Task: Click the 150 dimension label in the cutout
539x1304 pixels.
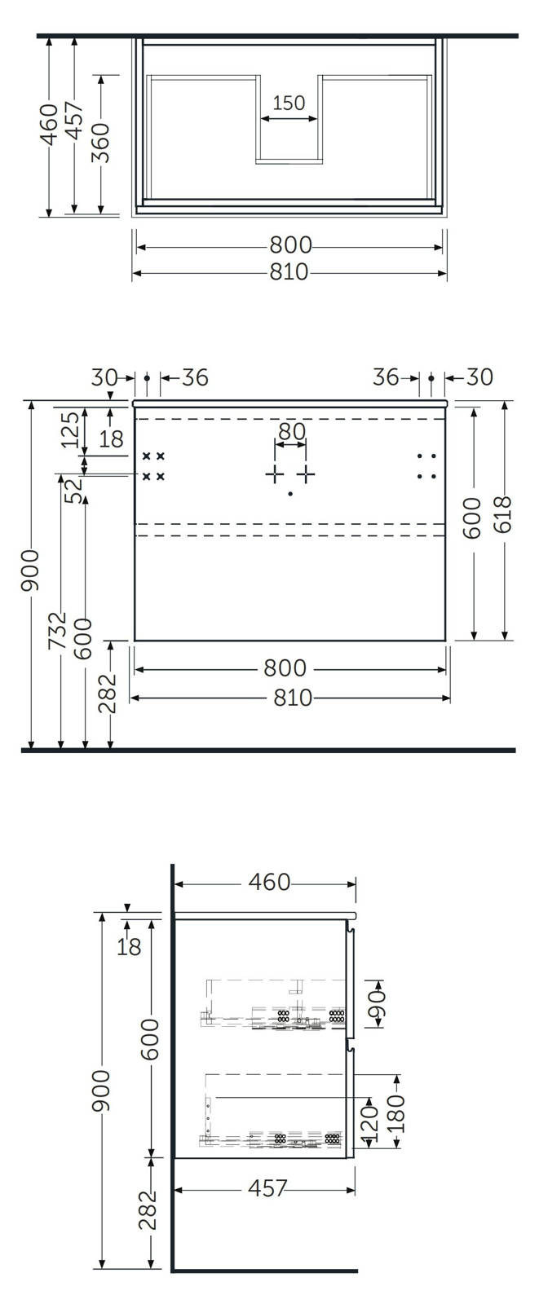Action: click(x=289, y=103)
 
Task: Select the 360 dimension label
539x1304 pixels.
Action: click(x=100, y=143)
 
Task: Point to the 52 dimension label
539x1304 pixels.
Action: click(x=74, y=491)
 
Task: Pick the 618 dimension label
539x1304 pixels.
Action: click(x=501, y=514)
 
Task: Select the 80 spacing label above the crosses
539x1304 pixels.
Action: click(x=292, y=431)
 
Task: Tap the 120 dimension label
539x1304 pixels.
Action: click(x=369, y=1121)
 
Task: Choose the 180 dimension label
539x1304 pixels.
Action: click(x=395, y=1113)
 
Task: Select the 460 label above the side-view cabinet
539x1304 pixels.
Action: click(x=269, y=882)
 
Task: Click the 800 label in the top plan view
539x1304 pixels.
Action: click(x=291, y=244)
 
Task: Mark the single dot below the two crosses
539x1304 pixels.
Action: click(x=290, y=494)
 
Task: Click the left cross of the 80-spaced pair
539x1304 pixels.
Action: click(x=275, y=475)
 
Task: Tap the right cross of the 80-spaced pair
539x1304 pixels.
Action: click(x=306, y=475)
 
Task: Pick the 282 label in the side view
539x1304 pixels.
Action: click(x=148, y=1209)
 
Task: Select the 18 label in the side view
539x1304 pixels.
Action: click(x=129, y=947)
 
